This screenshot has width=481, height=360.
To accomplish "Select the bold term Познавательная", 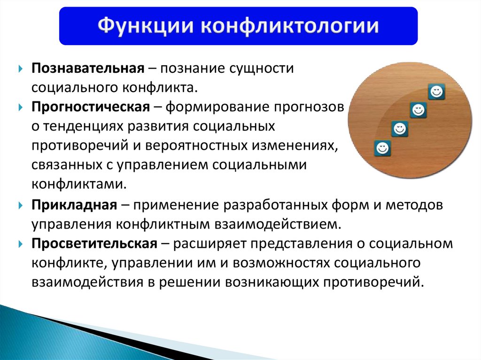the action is tap(88, 68).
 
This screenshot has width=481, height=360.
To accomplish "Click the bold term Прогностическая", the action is tap(91, 107).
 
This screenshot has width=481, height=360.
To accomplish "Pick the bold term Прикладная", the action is tap(74, 205).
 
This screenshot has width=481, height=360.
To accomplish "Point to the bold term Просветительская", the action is tap(94, 244).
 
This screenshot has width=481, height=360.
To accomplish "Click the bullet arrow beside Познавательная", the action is tap(21, 69).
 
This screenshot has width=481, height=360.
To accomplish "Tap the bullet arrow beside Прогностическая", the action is tap(21, 107).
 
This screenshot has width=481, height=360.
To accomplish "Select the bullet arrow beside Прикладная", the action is tap(21, 205).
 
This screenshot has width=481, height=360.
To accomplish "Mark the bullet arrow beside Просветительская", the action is tap(21, 244).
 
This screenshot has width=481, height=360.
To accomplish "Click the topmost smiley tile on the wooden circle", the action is tap(436, 92).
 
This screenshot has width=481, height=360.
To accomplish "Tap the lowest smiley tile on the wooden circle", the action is tap(382, 148).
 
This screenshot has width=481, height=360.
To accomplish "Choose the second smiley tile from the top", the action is tap(418, 110).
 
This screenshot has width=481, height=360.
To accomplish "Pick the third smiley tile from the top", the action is tap(400, 129).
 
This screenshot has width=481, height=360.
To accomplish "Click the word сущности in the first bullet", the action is tap(262, 69).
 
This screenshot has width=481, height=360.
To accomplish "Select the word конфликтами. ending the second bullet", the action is tap(79, 184).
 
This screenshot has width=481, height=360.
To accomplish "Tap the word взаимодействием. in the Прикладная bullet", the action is tap(278, 224).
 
